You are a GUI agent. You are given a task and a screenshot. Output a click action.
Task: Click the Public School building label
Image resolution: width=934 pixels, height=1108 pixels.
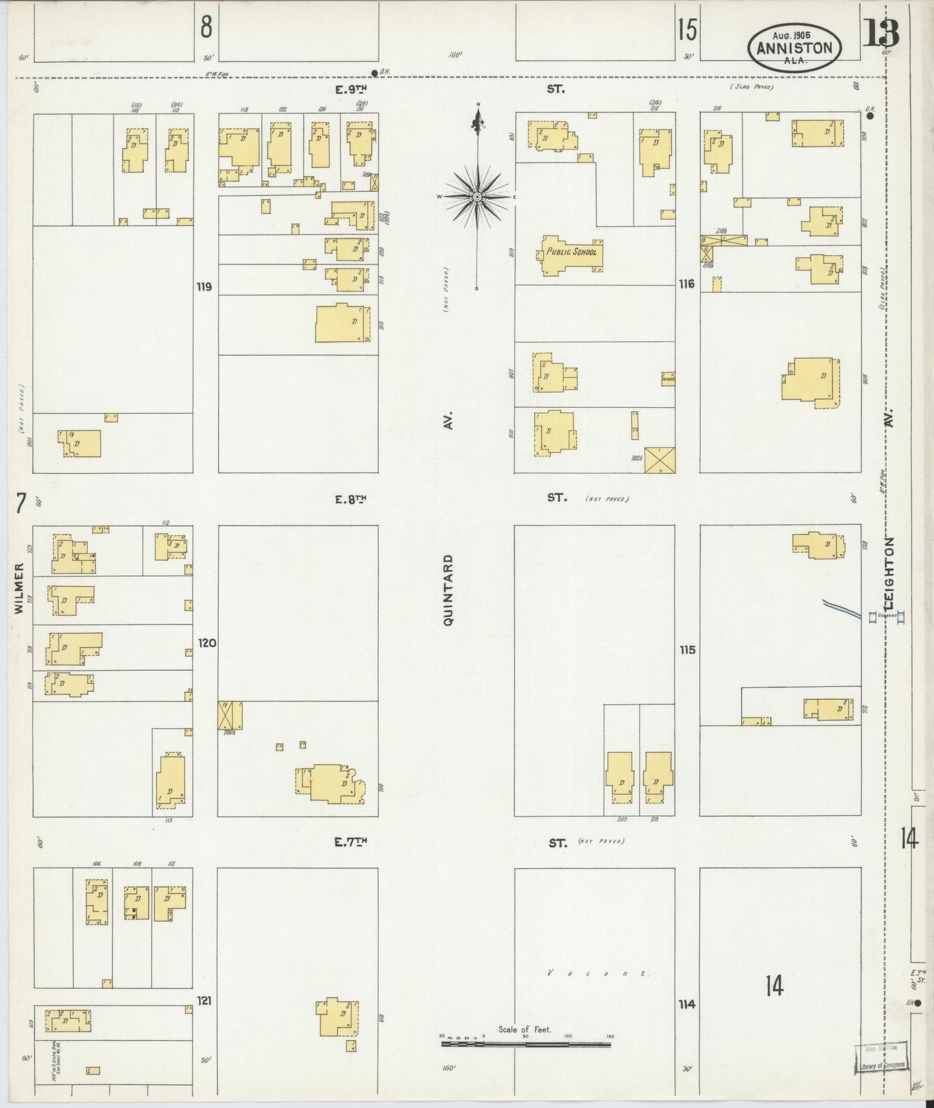point(571,251)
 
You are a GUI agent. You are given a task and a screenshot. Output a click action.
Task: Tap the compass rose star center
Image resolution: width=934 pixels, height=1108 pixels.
point(477,197)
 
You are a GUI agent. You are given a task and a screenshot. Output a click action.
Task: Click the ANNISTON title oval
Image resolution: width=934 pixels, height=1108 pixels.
point(794,48)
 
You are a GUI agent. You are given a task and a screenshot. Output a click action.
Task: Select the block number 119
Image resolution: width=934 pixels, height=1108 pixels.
point(204,286)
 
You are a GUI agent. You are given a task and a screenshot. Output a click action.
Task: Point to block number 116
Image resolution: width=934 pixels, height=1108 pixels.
point(686,284)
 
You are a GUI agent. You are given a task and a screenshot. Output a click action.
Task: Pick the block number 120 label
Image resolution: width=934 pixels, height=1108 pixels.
point(207,643)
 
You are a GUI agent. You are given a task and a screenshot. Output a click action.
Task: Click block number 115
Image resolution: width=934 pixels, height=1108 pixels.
point(687,650)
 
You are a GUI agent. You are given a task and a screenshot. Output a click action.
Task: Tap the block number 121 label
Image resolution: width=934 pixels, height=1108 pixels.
point(204,1000)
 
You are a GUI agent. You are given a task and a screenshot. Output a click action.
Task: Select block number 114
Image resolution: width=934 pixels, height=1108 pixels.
point(687,1004)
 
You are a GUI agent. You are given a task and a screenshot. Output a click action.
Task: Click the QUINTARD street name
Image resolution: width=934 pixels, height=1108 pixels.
point(448,589)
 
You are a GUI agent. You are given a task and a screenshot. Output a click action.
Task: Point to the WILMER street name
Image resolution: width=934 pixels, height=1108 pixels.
point(19,588)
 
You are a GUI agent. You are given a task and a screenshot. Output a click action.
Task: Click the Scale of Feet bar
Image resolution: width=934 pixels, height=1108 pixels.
point(525,1043)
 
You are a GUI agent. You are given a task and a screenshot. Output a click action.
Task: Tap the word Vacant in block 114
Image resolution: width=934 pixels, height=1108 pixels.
point(597,973)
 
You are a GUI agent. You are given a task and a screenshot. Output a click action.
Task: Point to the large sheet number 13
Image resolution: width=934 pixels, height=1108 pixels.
point(881,34)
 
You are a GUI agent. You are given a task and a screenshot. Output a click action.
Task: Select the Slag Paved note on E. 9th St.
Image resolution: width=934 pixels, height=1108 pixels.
point(752,87)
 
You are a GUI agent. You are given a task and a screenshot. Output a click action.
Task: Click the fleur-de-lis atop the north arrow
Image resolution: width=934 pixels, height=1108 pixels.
point(478,120)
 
